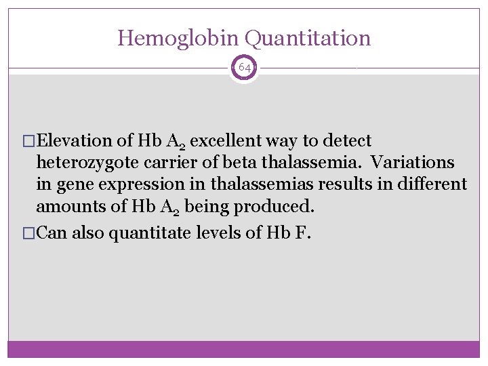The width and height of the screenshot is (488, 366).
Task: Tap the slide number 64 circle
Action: tap(243, 68)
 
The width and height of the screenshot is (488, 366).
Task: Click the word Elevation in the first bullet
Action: tap(75, 141)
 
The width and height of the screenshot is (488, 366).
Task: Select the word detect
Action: tap(348, 141)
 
